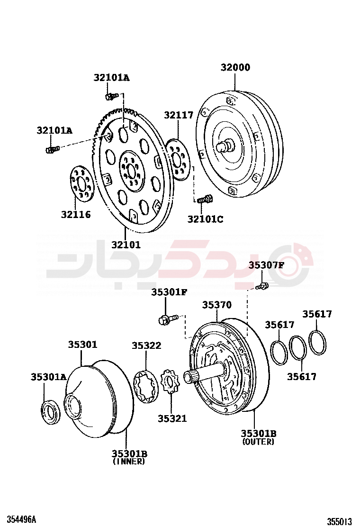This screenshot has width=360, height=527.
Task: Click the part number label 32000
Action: tap(235, 68)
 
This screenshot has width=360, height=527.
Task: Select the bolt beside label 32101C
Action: tap(205, 199)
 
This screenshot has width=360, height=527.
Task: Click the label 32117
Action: tap(179, 115)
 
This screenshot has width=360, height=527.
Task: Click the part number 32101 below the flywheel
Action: tap(126, 245)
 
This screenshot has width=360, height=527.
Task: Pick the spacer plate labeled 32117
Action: tap(179, 160)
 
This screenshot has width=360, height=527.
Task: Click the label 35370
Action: tap(217, 305)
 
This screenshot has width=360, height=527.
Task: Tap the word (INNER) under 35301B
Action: tap(129, 461)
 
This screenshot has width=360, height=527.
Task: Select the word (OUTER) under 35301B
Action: tap(258, 442)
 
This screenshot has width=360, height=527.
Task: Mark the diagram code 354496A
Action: tap(21, 519)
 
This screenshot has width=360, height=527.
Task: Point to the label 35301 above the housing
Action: tap(82, 345)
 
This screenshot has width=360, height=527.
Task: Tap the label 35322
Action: tap(146, 346)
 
